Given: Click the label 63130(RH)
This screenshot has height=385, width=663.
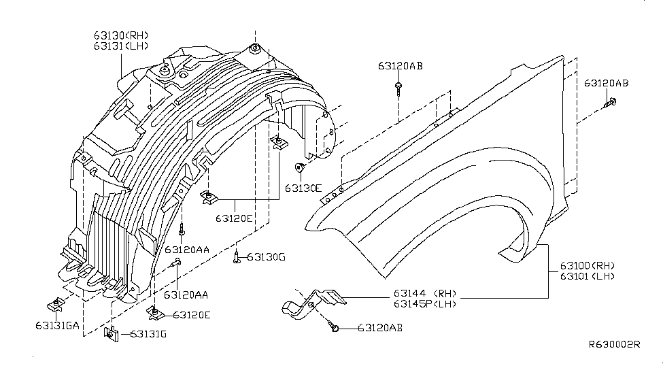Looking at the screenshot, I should pyautogui.click(x=121, y=35).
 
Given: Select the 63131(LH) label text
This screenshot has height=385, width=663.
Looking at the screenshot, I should pyautogui.click(x=121, y=46).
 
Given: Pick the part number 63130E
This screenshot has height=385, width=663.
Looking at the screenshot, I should pyautogui.click(x=303, y=188).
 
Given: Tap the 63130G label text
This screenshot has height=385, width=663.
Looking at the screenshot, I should pyautogui.click(x=266, y=256).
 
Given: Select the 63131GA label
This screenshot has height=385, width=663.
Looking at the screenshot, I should pyautogui.click(x=57, y=325).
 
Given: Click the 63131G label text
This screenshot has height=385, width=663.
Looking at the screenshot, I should pyautogui.click(x=148, y=334).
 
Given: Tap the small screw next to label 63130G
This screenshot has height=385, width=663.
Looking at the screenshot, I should pyautogui.click(x=236, y=256).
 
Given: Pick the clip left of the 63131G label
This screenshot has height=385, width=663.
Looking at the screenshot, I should pyautogui.click(x=111, y=334).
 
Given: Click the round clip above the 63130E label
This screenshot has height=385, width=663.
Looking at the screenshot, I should pyautogui.click(x=299, y=167).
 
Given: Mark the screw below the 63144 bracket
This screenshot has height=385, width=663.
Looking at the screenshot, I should pyautogui.click(x=335, y=327).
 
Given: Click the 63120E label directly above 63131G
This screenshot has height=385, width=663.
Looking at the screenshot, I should pyautogui.click(x=192, y=315).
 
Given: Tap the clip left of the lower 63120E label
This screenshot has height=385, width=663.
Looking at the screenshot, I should pyautogui.click(x=154, y=314).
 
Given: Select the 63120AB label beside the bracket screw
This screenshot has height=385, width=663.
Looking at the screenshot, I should pyautogui.click(x=380, y=328).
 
